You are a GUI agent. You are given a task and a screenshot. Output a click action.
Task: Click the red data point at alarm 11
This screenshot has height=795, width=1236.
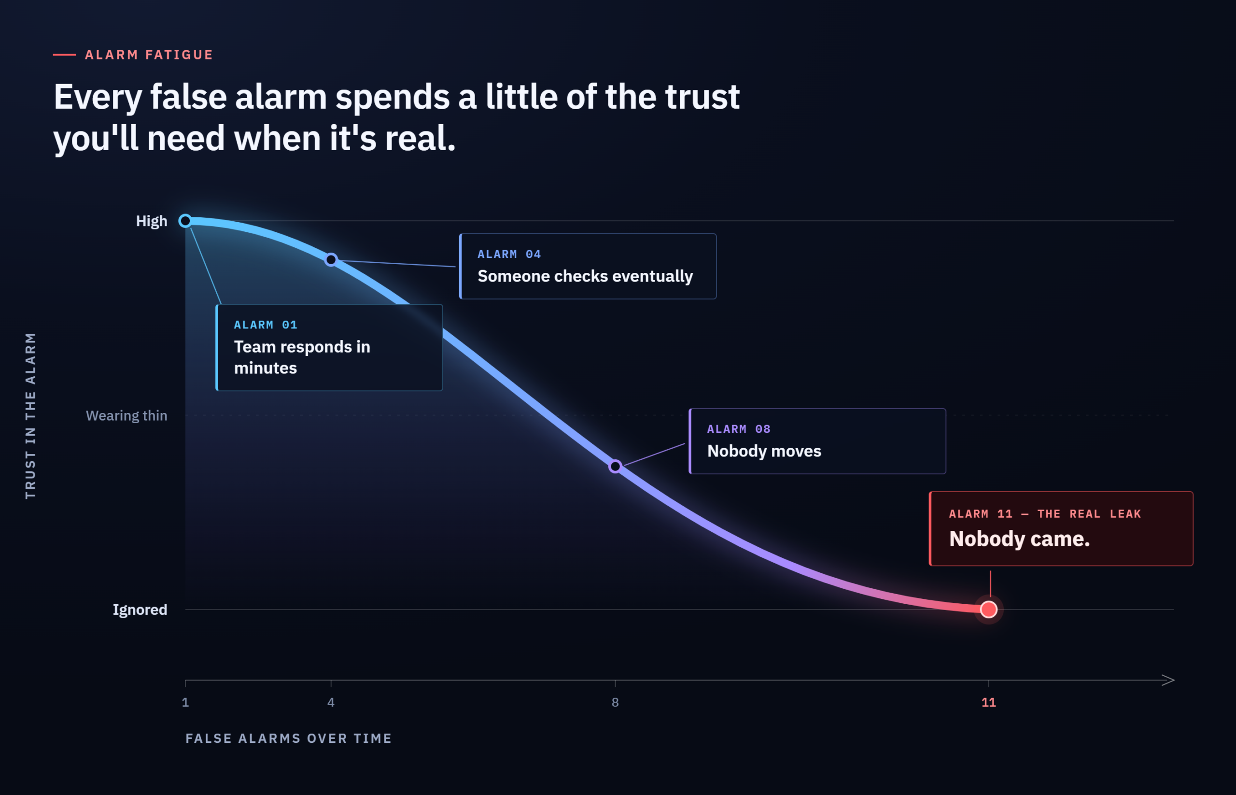point(988,610)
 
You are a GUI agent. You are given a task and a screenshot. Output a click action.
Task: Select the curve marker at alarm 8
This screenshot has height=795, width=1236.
point(615,467)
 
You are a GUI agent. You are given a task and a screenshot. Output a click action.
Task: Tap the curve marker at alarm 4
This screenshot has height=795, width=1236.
point(331,260)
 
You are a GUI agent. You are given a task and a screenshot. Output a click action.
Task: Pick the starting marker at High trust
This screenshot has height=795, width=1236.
point(185,221)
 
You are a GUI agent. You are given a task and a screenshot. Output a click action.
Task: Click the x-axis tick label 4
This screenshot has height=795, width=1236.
point(331,702)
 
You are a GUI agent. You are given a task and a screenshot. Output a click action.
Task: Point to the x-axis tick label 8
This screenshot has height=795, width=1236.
point(615,702)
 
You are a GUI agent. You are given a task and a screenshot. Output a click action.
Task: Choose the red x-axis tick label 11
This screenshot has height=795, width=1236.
point(988,702)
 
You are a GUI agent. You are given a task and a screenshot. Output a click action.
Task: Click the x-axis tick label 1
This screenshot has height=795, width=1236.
point(185,702)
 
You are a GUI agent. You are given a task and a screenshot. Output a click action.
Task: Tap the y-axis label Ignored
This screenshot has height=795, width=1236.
point(140,610)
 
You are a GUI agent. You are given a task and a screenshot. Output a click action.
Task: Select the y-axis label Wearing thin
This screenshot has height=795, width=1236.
point(126,415)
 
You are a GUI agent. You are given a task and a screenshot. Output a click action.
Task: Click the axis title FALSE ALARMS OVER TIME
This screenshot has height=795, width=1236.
point(289,738)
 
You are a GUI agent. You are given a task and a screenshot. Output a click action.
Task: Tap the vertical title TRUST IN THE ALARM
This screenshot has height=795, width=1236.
point(30,415)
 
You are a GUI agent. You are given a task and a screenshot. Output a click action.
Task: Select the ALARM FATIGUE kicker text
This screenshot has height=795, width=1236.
point(149,55)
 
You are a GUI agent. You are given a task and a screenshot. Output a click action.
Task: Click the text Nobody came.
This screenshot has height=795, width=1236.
point(1019,539)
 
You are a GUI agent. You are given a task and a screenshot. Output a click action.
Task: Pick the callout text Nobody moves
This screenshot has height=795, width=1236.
point(764,451)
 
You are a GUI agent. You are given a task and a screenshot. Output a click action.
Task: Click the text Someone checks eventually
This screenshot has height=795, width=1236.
point(585,277)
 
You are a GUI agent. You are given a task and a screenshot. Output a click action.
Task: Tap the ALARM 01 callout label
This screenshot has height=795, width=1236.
point(265,325)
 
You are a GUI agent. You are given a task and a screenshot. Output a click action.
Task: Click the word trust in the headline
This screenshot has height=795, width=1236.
point(702,97)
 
